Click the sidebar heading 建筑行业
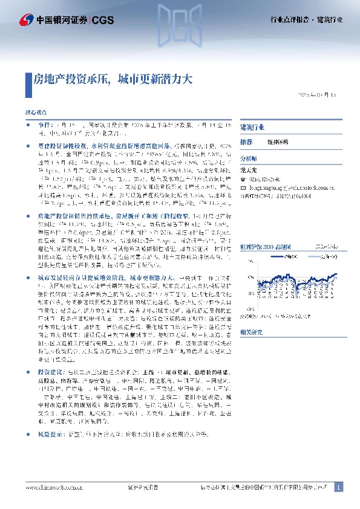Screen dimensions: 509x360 (252, 128)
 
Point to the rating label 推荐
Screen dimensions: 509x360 (246, 141)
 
